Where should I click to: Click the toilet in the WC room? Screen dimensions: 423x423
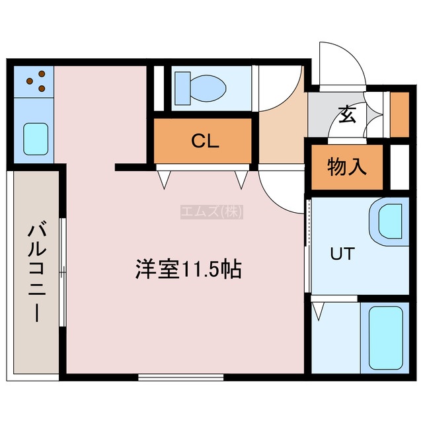coord(200,88)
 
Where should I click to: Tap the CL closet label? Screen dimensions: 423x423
coord(205,141)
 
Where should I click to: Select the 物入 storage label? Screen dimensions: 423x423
coord(347,167)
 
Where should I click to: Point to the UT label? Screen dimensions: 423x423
coord(342,254)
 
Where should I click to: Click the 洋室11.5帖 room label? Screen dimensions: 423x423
coord(188,269)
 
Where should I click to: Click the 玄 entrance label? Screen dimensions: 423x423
coord(347,115)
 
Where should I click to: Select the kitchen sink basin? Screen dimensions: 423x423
coord(36,139)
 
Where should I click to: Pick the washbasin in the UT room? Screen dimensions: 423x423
coord(389,221)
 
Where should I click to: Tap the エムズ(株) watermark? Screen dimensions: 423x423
coord(211,211)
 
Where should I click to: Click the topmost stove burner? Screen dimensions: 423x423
coord(42,73)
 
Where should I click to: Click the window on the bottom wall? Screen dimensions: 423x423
coord(180,377)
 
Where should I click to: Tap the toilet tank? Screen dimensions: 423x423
coord(182,88)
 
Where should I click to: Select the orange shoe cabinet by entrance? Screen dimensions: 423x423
coord(400,114)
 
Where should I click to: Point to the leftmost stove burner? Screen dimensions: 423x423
coord(30,81)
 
